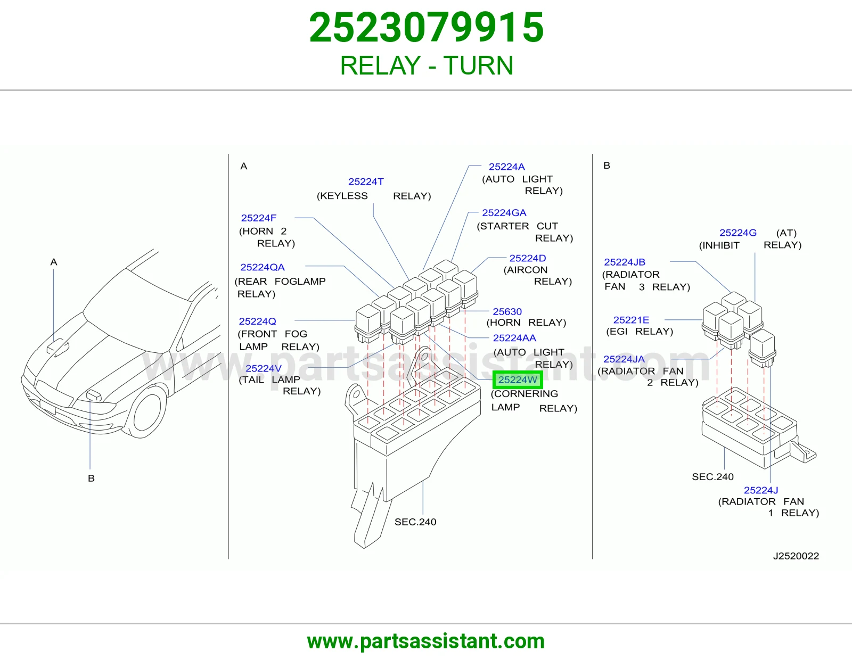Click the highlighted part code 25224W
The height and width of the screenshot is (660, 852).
518,380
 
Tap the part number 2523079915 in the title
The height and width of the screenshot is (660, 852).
426,28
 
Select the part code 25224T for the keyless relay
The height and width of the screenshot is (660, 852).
366,182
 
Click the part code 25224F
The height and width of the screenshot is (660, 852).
258,218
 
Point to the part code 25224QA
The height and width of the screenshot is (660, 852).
263,267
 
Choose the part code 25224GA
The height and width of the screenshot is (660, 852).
504,213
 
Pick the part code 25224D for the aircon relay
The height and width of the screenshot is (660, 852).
527,258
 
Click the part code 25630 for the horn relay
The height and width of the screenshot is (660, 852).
507,311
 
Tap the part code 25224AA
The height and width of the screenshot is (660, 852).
514,338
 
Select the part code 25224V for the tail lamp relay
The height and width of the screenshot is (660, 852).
263,368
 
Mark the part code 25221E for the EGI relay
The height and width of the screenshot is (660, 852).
631,320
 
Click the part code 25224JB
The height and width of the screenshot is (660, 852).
624,262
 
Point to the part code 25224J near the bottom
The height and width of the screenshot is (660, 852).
760,490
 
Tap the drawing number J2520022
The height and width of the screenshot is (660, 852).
796,556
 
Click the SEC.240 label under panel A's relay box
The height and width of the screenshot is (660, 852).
415,522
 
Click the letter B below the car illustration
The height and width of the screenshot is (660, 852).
91,478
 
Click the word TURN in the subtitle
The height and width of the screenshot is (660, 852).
478,65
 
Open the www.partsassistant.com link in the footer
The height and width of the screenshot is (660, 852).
426,641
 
